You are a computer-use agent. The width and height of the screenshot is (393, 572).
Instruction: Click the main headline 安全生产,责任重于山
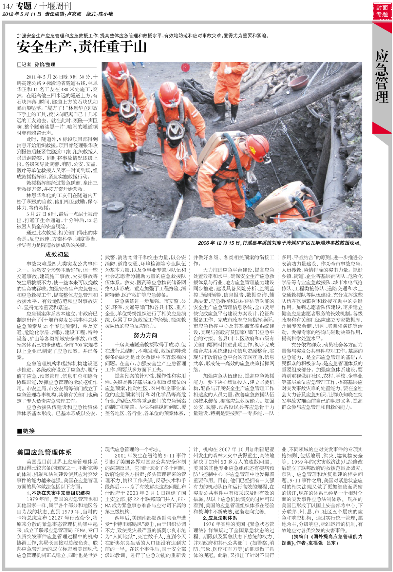82,47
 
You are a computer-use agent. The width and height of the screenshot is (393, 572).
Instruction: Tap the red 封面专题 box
382,11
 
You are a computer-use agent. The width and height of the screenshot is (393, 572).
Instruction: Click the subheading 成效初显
57,255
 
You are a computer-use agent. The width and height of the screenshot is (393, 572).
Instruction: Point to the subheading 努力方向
145,335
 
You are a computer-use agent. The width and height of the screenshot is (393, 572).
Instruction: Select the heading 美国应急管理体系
44,452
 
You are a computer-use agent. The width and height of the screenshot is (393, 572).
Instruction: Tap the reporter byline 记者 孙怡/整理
36,65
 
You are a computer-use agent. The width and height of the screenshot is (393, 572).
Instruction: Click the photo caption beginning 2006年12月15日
280,243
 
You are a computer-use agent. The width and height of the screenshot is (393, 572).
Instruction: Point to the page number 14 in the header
7,6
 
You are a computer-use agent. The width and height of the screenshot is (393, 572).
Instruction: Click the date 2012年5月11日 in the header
22,14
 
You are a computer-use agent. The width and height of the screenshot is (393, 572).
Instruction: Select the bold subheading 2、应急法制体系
220,518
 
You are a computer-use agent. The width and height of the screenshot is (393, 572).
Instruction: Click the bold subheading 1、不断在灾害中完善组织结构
58,493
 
